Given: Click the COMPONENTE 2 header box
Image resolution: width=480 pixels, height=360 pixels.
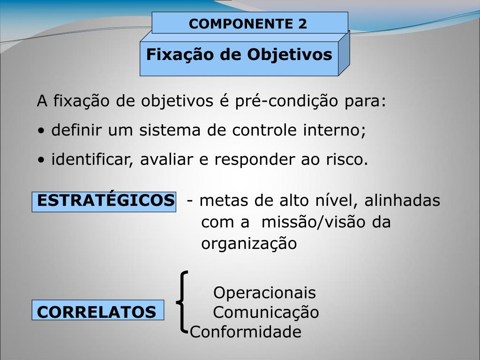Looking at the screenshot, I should tap(249, 23).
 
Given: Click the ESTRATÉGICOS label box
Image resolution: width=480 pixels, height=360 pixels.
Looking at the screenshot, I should tap(104, 202).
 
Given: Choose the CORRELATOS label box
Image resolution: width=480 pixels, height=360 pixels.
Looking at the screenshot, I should tap(98, 311).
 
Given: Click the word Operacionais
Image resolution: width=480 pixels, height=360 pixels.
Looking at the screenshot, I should tap(264, 293).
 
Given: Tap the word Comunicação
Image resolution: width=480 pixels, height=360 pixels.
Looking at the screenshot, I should tap(266, 312).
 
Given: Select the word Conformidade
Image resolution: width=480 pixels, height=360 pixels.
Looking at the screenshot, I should tap(246, 332).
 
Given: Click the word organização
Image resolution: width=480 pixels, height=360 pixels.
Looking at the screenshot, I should tap(249, 244).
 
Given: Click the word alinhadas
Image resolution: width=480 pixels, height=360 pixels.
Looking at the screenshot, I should tap(402, 201).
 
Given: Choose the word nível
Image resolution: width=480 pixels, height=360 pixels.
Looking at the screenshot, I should tap(332, 201).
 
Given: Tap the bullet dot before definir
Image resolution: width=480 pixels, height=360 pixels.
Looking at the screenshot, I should tap(42, 131).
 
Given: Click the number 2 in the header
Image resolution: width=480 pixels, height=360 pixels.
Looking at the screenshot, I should tap(302, 23).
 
